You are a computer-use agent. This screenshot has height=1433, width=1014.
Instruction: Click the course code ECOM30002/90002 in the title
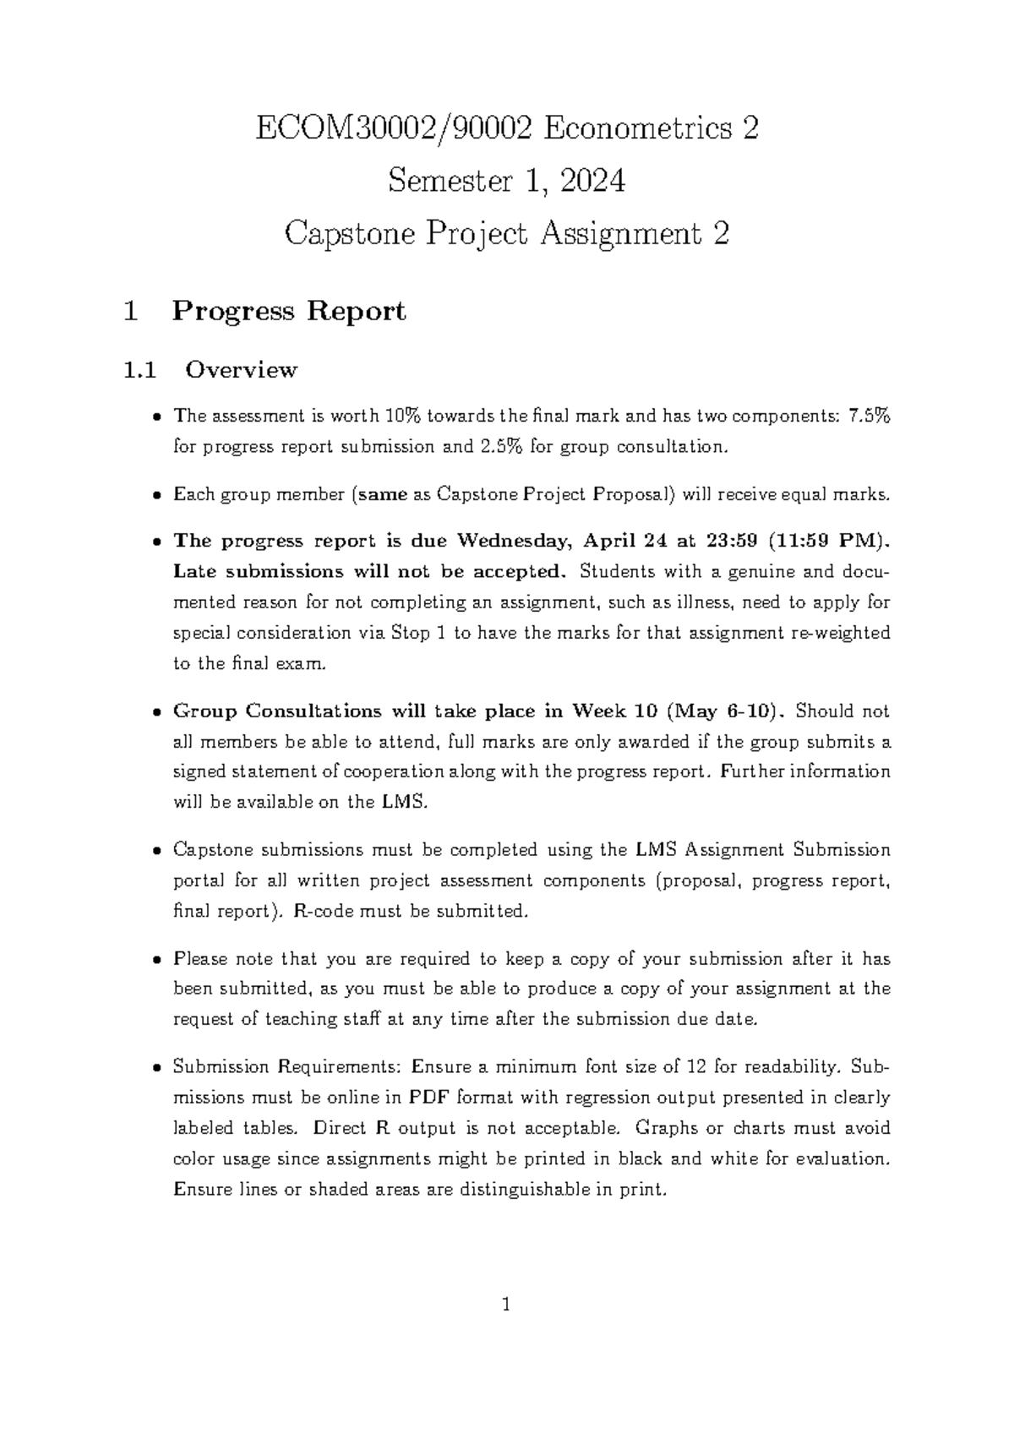[x=394, y=128]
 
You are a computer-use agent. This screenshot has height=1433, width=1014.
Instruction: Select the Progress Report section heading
[x=288, y=312]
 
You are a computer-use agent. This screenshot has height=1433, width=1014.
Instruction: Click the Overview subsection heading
[x=241, y=370]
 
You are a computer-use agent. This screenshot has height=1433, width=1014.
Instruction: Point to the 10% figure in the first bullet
[x=403, y=416]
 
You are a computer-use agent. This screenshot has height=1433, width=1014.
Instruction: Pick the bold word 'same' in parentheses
[x=383, y=494]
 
